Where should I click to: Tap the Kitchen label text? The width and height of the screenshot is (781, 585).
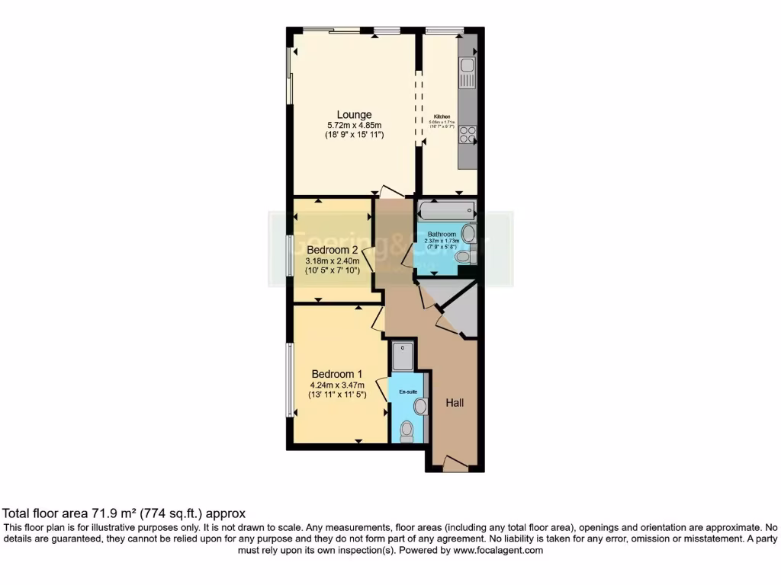442,117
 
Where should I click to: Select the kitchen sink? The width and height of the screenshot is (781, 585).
468,75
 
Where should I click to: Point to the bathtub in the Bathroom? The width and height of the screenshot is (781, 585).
447,209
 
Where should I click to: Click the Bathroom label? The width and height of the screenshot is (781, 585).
442,234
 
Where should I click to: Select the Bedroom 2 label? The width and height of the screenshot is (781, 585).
333,250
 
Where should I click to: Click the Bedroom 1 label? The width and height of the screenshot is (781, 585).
337,374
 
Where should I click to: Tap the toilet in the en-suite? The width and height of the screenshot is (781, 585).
407,431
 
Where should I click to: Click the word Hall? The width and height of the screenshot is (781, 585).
455,403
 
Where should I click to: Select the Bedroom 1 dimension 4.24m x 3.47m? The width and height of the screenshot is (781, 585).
337,385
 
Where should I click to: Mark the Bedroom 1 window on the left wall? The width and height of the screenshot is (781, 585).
289,379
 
